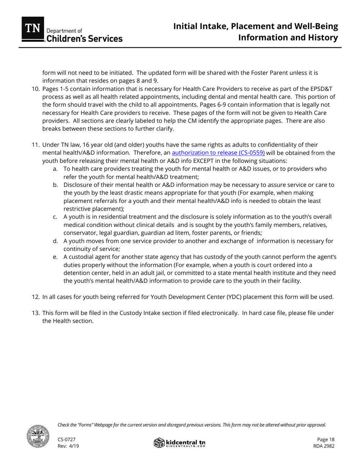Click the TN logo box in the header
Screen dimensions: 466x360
point(33,29)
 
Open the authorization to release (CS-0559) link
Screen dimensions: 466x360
point(218,153)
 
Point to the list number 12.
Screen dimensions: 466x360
point(35,297)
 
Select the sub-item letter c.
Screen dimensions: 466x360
point(55,217)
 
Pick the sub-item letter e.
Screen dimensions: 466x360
point(55,257)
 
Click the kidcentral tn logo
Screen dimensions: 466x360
point(180,443)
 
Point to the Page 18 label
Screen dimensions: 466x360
point(326,439)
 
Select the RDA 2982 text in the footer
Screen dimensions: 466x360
point(324,446)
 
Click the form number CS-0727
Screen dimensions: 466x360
point(66,439)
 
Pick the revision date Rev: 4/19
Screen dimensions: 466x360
point(68,446)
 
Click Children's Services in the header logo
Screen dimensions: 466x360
point(84,39)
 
